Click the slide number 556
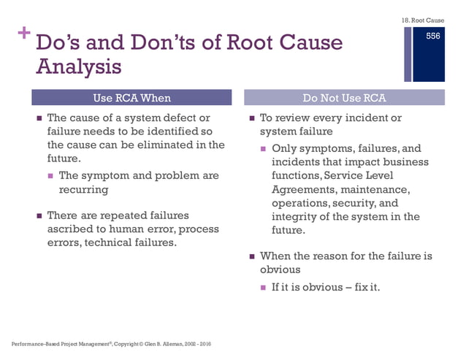click(x=434, y=37)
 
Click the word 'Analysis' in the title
click(x=78, y=67)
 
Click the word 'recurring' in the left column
click(x=83, y=190)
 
